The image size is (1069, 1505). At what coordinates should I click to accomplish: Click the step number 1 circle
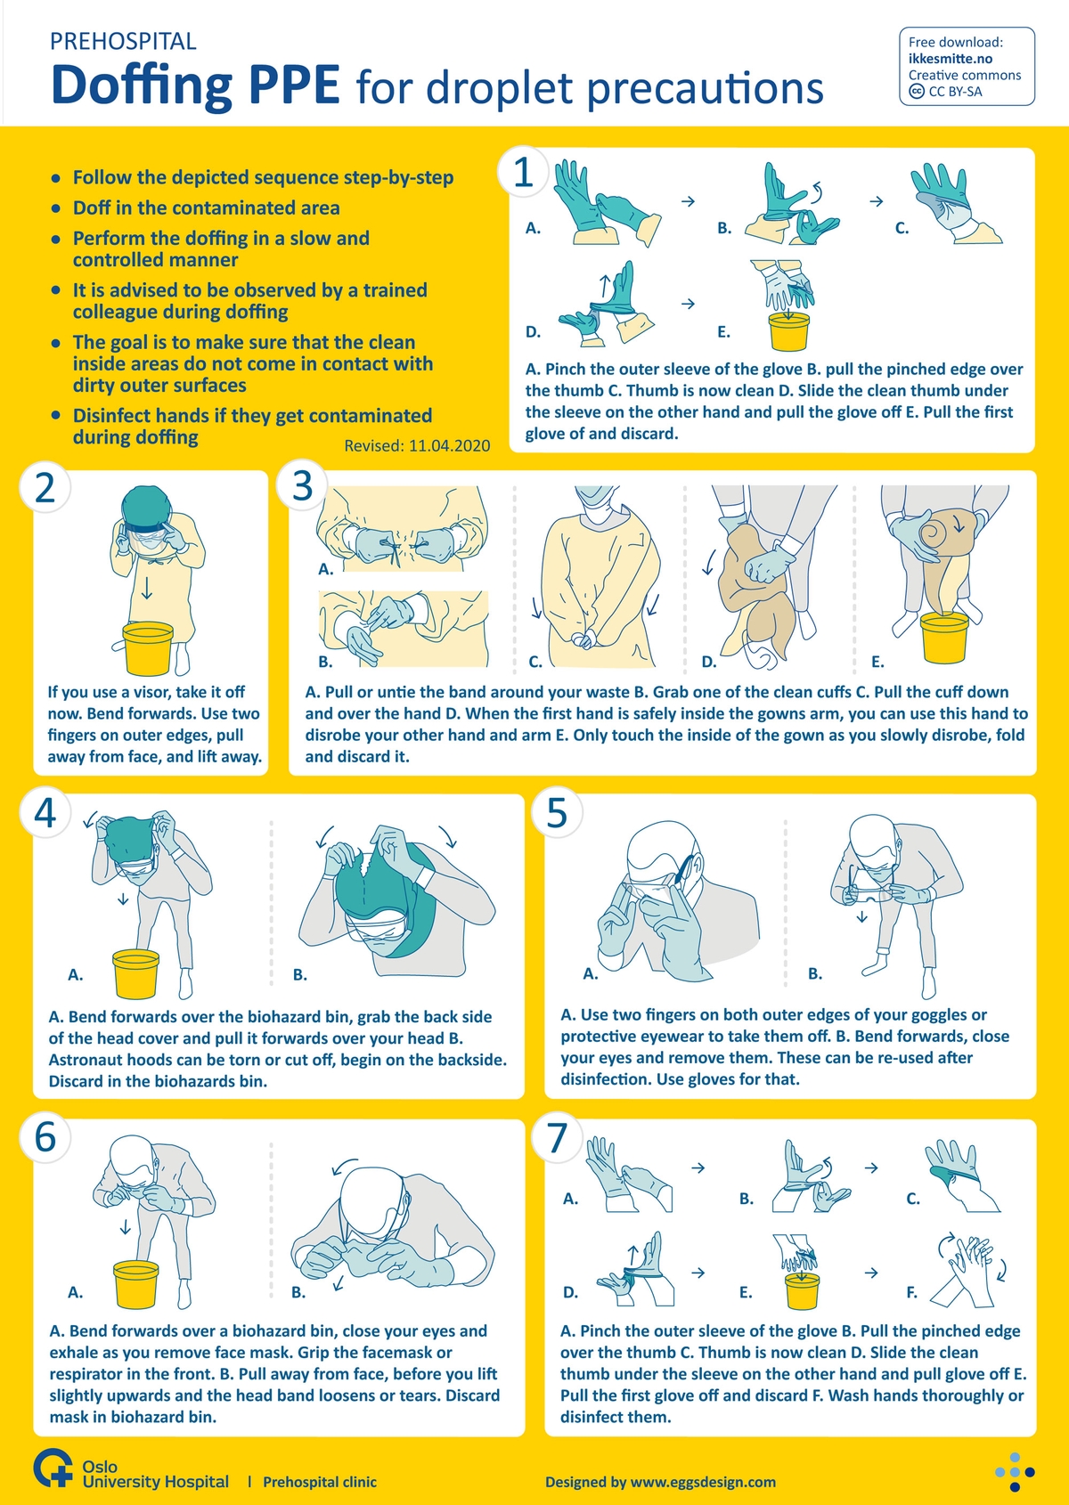(524, 171)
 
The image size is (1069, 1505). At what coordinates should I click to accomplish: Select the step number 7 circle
(557, 1137)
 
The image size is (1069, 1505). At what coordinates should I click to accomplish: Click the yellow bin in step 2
(147, 647)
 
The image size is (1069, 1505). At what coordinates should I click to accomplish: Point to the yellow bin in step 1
(788, 331)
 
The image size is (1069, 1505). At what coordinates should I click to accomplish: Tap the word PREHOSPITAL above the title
(123, 42)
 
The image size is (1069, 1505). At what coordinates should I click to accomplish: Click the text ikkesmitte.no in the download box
(951, 59)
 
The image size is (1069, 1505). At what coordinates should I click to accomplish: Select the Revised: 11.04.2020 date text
(417, 445)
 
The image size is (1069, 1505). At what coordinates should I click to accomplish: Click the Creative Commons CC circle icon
(917, 92)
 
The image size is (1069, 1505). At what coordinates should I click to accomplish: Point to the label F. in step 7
(911, 1292)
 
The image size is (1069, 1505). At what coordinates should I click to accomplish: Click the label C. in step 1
(902, 229)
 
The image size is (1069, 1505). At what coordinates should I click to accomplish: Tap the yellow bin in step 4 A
(135, 972)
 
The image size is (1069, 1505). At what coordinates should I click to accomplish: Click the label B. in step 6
(298, 1292)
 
